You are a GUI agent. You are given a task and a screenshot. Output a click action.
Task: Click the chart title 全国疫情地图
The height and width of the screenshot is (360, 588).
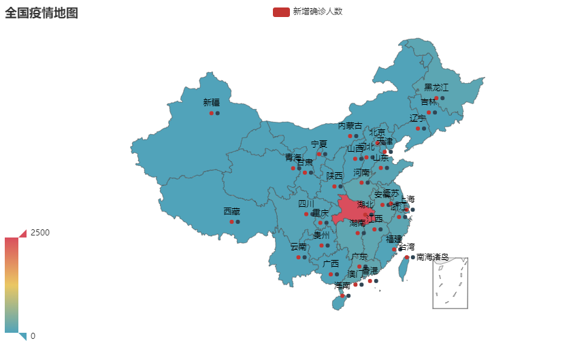pos(42,12)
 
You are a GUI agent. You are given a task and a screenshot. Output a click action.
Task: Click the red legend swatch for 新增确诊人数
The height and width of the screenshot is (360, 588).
pos(281,12)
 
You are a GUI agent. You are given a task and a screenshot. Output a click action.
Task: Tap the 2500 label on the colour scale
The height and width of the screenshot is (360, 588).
pos(40,232)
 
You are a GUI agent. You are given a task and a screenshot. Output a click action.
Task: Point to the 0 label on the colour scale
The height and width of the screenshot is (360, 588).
pos(33,336)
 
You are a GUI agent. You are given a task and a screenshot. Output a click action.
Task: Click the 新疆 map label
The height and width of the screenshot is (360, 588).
pos(212,102)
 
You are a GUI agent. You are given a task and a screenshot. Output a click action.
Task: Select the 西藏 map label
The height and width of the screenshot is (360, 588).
pos(231,211)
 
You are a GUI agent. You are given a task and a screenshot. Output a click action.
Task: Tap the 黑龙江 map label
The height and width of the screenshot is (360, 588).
pos(436,87)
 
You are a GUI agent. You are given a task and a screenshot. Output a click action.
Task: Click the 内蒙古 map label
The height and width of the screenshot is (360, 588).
pos(350,126)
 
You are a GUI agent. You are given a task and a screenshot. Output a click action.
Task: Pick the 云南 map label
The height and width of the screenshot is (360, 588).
pos(299,246)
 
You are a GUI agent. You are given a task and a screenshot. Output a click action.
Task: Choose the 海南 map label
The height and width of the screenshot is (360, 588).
pos(342,285)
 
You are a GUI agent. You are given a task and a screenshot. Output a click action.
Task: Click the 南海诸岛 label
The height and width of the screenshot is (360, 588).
pos(432,257)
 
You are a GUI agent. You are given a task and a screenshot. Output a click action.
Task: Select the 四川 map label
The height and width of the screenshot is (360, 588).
pos(306,203)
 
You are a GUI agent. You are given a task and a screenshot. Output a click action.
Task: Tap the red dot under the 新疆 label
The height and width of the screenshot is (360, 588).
pos(212,113)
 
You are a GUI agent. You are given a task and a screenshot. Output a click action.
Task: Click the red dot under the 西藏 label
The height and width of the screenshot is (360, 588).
pos(231,222)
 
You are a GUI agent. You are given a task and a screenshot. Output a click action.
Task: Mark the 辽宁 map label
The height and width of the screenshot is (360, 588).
pos(418,118)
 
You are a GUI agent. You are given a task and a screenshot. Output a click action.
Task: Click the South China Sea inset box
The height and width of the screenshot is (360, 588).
pos(450,282)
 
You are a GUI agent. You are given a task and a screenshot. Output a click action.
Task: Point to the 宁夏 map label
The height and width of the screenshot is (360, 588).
pos(319,144)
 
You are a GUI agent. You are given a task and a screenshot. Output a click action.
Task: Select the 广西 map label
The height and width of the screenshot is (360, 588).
pos(331,263)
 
